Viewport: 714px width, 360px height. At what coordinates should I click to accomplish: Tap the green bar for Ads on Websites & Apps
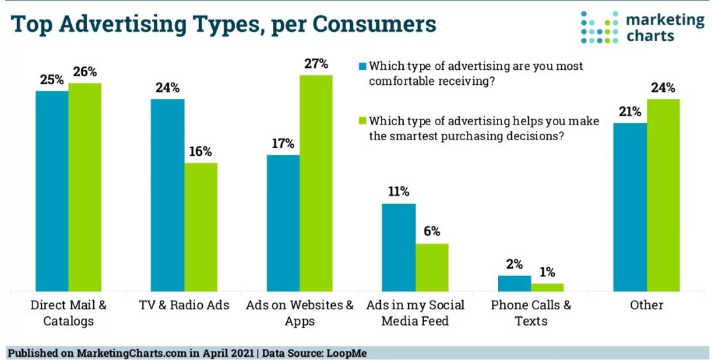coord(316,183)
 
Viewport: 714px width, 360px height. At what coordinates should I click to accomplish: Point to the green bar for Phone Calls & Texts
coord(547,287)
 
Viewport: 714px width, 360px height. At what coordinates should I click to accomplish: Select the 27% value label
coord(316,64)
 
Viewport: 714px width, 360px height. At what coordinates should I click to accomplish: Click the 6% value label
coord(432,232)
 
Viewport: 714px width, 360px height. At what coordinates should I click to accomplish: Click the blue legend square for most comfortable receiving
coord(363,66)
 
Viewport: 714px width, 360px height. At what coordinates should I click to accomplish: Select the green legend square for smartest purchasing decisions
coord(363,121)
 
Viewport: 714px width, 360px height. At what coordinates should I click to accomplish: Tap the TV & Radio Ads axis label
coord(183,305)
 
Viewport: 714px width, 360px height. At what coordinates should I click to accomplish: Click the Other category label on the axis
coord(647,305)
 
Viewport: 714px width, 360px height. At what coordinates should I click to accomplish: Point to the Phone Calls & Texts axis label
coord(531,312)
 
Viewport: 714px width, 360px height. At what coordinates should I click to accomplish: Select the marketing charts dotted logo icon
coord(599,27)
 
